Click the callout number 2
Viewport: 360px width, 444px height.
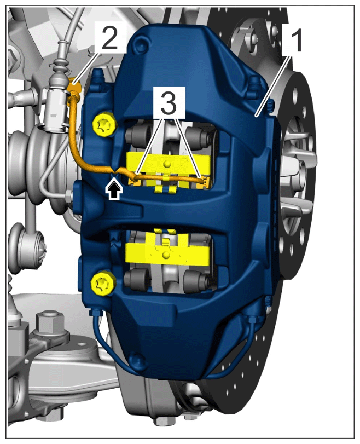click(109, 38)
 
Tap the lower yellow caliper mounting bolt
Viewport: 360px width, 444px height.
click(102, 284)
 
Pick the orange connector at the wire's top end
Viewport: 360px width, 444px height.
click(75, 87)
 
